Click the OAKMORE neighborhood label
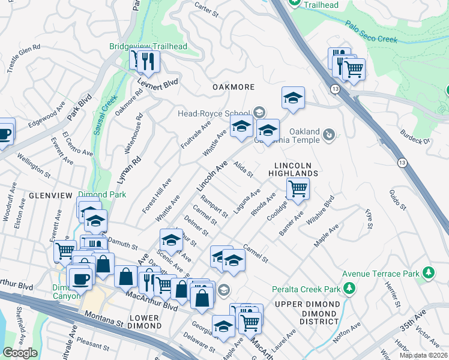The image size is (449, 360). point(234,87)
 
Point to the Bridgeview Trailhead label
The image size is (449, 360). point(148,46)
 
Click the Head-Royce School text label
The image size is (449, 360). point(213,113)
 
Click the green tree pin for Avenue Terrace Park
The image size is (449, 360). point(428,274)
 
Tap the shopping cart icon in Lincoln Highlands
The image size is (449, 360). point(298,188)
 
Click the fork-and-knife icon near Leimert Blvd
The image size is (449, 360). point(147,60)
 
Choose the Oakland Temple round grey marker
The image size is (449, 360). point(329,135)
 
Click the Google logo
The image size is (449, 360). point(20,353)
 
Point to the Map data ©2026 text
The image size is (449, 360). point(424,355)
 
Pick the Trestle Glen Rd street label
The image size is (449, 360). point(24,58)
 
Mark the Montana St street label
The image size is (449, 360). point(104,319)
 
